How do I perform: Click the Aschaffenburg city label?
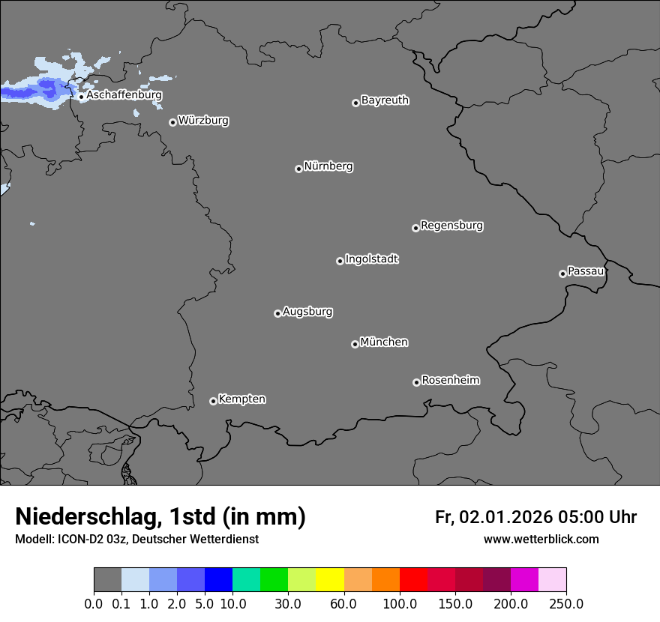(124, 95)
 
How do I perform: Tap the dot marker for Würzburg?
(172, 122)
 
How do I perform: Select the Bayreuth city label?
(385, 100)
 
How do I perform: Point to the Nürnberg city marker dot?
(298, 169)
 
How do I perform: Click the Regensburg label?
(451, 226)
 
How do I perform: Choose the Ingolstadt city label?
(371, 259)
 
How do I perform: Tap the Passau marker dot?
(562, 274)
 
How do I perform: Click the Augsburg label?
(307, 312)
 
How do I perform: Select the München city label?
(384, 342)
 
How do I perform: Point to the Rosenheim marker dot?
(416, 383)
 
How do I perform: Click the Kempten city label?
(241, 399)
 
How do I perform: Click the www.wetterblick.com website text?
(541, 540)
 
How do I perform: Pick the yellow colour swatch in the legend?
(330, 580)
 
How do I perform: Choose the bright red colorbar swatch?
(413, 580)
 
